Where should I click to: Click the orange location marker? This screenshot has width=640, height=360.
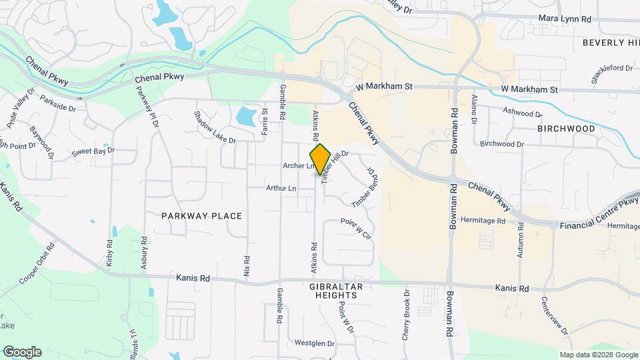[320, 159]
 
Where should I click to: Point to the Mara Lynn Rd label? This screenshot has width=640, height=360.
[565, 19]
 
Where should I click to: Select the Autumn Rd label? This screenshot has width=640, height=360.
[521, 243]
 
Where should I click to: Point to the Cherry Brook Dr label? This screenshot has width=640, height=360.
[405, 315]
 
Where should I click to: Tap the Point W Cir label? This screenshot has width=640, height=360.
[355, 229]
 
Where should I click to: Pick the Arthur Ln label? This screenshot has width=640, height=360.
[281, 189]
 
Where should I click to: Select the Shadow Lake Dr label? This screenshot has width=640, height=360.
[215, 127]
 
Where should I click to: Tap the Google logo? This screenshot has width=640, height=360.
[22, 352]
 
